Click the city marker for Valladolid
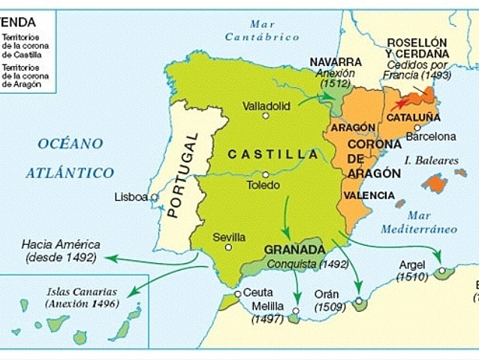coord(265,116)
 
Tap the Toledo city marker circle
coord(264,174)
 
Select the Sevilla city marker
coord(228,247)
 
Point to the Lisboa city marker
coord(155,198)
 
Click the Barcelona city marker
coord(417,127)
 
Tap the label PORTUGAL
coord(182,175)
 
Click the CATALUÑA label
coord(413,117)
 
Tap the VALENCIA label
coord(369,195)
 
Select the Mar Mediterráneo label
coord(418,222)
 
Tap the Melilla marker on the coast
coord(296,310)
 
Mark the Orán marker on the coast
coord(359,301)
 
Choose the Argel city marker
coord(442,270)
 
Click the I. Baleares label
coord(431,160)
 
